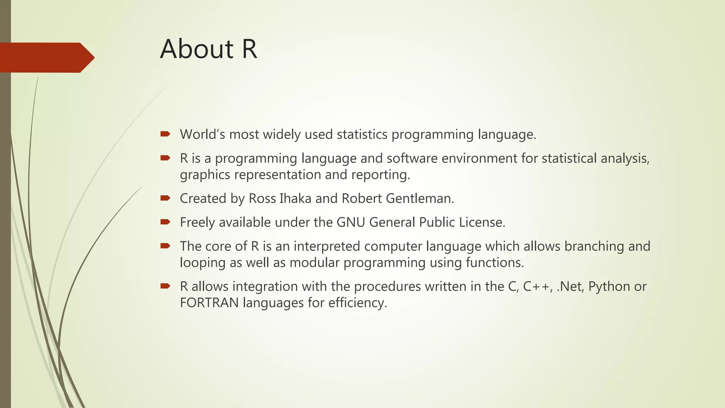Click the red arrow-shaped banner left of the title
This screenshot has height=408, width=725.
(46, 57)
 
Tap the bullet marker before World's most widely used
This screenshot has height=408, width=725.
(165, 134)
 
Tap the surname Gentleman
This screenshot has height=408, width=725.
(419, 198)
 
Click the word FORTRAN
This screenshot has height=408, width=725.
(209, 303)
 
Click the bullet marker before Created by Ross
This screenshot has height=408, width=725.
(165, 198)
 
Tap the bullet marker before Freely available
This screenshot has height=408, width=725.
(165, 222)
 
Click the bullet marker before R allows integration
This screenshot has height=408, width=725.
(165, 286)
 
